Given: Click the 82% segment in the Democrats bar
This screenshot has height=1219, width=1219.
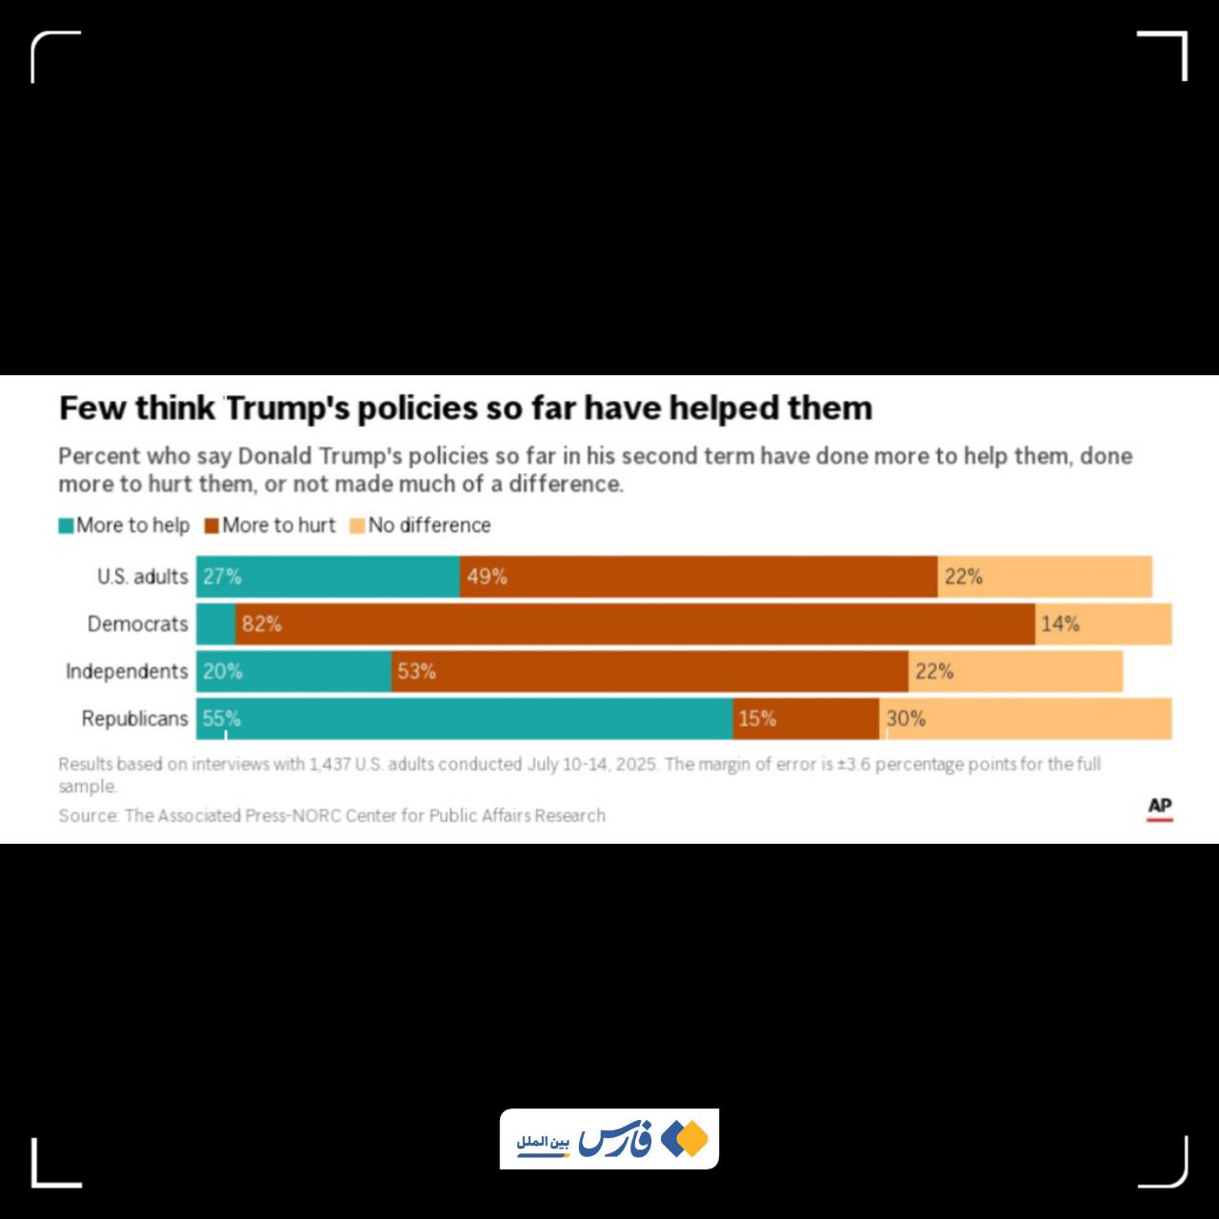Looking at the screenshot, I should click(x=634, y=624).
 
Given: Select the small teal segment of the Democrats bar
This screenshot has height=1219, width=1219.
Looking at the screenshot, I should click(x=216, y=624).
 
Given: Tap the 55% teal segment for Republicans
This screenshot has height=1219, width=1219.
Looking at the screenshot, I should click(x=465, y=719).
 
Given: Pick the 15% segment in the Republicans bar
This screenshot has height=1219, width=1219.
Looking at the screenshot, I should click(x=806, y=719).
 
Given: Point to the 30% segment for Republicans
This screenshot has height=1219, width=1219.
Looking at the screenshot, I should click(x=1026, y=719).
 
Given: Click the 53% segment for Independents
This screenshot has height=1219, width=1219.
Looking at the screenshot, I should click(x=649, y=671).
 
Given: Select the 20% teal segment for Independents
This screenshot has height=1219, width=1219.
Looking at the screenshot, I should click(x=294, y=671).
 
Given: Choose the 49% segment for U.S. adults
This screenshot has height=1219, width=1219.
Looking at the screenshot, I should click(x=698, y=577).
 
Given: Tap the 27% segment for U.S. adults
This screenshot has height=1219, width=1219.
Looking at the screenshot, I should click(x=329, y=577).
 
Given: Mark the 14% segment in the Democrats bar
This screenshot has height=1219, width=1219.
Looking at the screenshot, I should click(x=1103, y=624).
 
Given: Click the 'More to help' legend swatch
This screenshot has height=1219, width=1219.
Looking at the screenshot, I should click(x=67, y=526).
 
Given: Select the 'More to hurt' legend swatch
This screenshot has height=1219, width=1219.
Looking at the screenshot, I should click(x=212, y=526).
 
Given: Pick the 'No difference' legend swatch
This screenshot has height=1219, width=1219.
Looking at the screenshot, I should click(x=358, y=526).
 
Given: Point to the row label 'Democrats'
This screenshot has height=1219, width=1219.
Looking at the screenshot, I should click(x=138, y=624).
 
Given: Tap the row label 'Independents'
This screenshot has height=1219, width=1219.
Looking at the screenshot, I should click(x=127, y=671).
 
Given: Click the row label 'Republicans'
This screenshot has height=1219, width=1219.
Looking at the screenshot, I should click(x=135, y=719).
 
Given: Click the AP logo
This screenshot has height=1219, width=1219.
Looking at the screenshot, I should click(x=1159, y=808).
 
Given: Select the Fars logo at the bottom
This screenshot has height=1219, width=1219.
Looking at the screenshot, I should click(x=609, y=1139).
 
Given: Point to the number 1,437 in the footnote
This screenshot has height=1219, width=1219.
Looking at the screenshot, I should click(x=330, y=764).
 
